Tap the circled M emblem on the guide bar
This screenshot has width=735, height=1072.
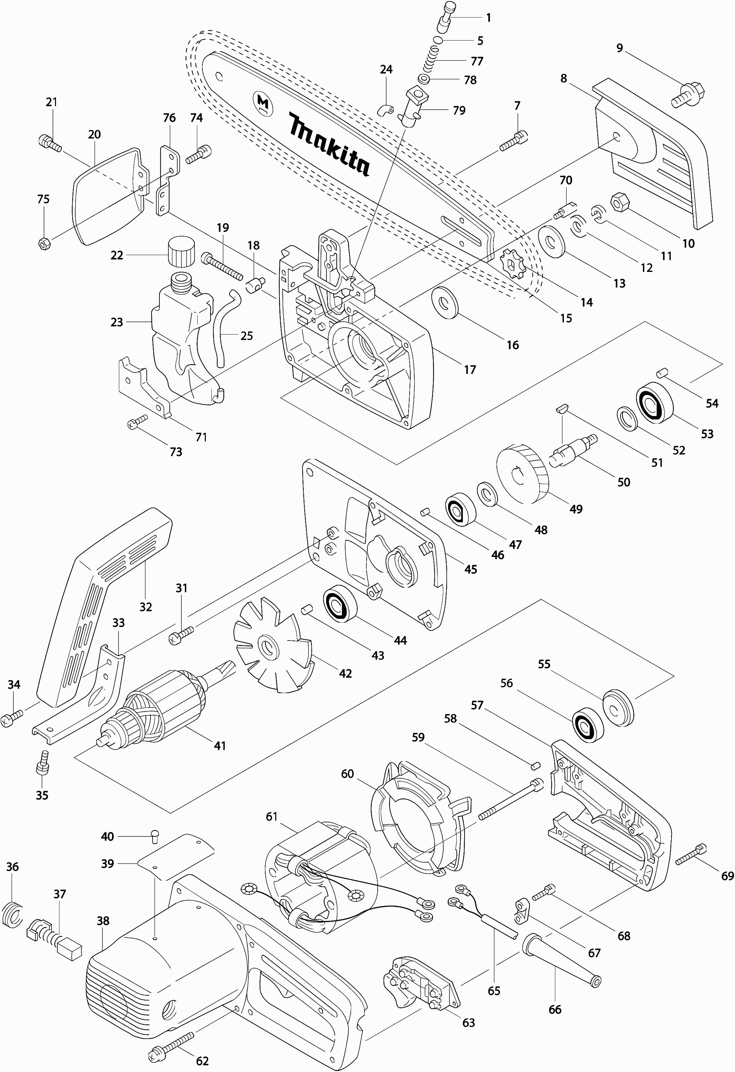click(x=263, y=102)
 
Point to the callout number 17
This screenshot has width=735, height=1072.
click(x=470, y=370)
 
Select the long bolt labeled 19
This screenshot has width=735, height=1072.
click(x=222, y=266)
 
